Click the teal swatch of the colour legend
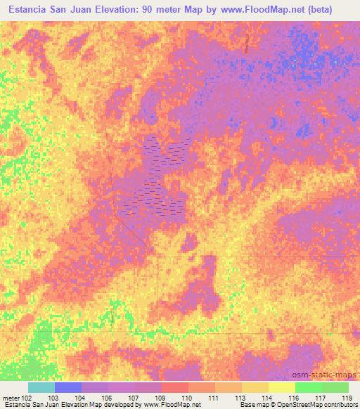pyautogui.click(x=41, y=387)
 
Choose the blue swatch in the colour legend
pyautogui.click(x=68, y=387)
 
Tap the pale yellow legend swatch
pyautogui.click(x=282, y=387)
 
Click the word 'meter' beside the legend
pyautogui.click(x=13, y=397)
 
